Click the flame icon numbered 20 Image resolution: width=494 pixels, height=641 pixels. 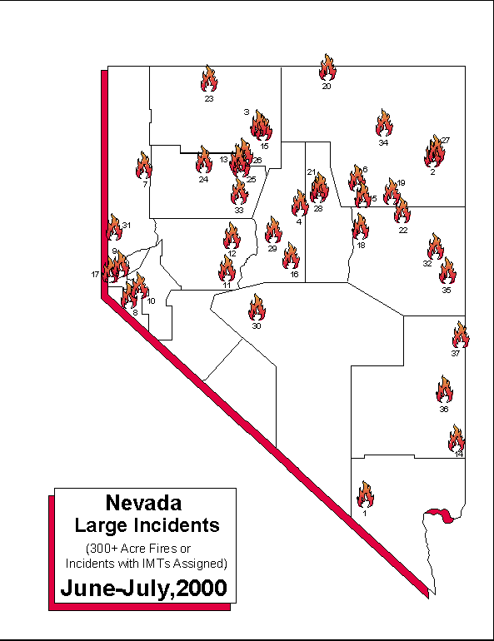[x=327, y=68]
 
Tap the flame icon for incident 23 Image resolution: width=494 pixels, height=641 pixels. [x=209, y=80]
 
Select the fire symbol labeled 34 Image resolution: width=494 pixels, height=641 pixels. [x=384, y=123]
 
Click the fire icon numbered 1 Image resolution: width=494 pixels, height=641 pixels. [x=365, y=495]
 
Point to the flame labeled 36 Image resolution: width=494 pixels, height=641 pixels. [x=444, y=390]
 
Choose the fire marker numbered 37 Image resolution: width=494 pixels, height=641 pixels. [x=460, y=335]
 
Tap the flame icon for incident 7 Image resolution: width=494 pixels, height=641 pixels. [x=144, y=166]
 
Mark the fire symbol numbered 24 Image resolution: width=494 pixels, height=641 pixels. [x=203, y=161]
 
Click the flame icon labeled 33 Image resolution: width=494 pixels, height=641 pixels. [x=239, y=192]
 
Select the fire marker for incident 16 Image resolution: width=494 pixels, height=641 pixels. [x=291, y=256]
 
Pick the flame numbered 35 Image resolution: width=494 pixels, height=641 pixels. [x=447, y=271]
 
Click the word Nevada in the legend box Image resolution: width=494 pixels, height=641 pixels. [x=144, y=503]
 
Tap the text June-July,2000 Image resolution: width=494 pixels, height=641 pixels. [x=143, y=587]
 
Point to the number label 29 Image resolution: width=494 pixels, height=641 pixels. [x=272, y=248]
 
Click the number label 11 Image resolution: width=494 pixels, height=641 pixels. [x=226, y=285]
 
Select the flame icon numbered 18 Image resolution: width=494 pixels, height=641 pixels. [x=360, y=226]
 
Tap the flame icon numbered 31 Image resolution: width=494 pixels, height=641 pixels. [x=114, y=227]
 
